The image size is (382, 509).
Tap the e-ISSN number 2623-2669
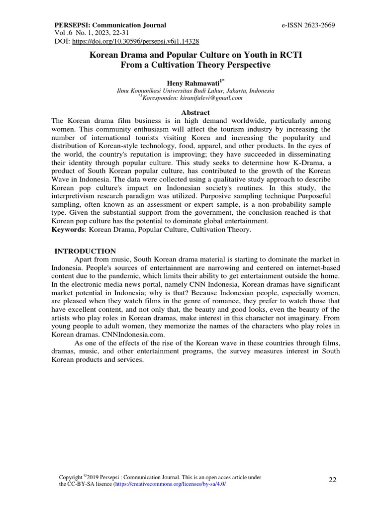pyautogui.click(x=315, y=25)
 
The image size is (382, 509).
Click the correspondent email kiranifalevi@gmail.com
pyautogui.click(x=212, y=98)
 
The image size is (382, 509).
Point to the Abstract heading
pyautogui.click(x=195, y=113)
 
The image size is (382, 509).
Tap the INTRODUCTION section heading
pyautogui.click(x=85, y=251)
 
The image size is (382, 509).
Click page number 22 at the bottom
pyautogui.click(x=333, y=480)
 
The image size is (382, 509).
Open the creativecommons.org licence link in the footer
pyautogui.click(x=170, y=484)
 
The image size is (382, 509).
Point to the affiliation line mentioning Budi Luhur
pyautogui.click(x=195, y=91)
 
